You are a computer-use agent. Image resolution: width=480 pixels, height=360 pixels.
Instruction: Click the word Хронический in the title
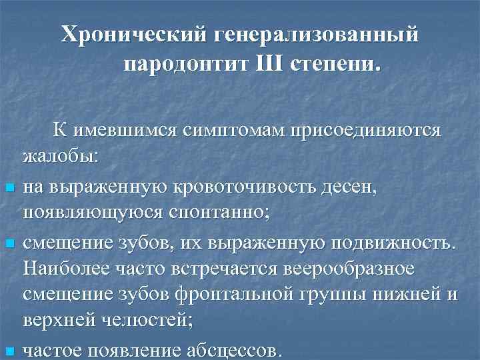click(x=132, y=34)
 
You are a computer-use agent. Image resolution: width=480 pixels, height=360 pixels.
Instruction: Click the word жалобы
click(x=60, y=159)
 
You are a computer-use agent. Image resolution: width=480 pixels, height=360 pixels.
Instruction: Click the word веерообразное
click(x=340, y=270)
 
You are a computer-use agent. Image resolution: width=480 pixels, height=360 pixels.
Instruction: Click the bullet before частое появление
click(x=8, y=351)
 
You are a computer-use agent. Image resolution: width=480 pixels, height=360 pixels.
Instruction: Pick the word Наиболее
click(x=62, y=270)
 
